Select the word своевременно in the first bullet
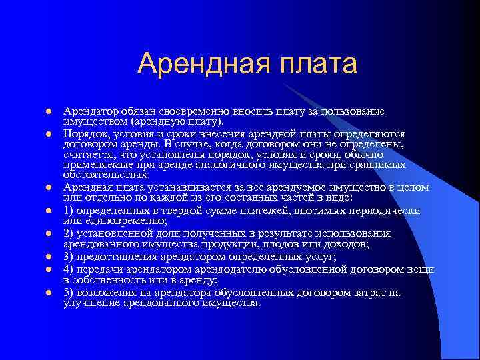181,111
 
